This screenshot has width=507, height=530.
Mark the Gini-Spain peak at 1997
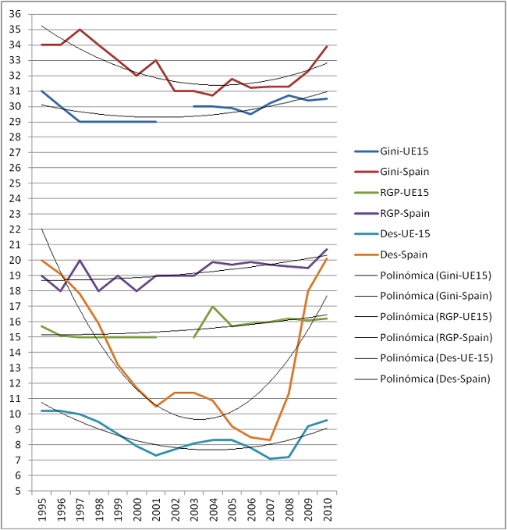tap(80, 30)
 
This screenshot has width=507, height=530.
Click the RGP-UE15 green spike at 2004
tap(213, 307)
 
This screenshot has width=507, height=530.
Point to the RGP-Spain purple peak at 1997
tap(80, 260)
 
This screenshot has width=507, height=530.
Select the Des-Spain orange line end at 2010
tap(327, 258)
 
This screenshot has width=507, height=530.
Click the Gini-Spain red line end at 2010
tap(327, 46)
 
